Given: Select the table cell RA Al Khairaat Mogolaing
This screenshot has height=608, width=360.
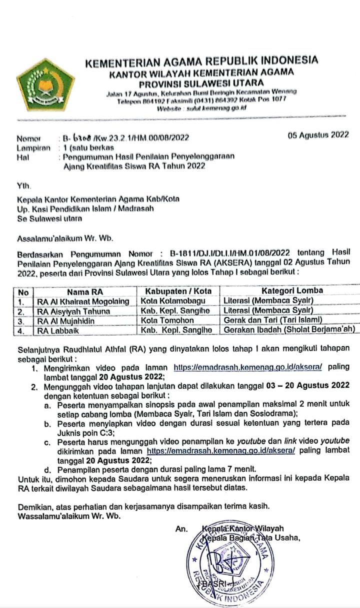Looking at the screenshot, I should pos(83,301).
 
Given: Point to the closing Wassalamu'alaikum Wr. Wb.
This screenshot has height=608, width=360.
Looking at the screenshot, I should pos(68,516).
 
